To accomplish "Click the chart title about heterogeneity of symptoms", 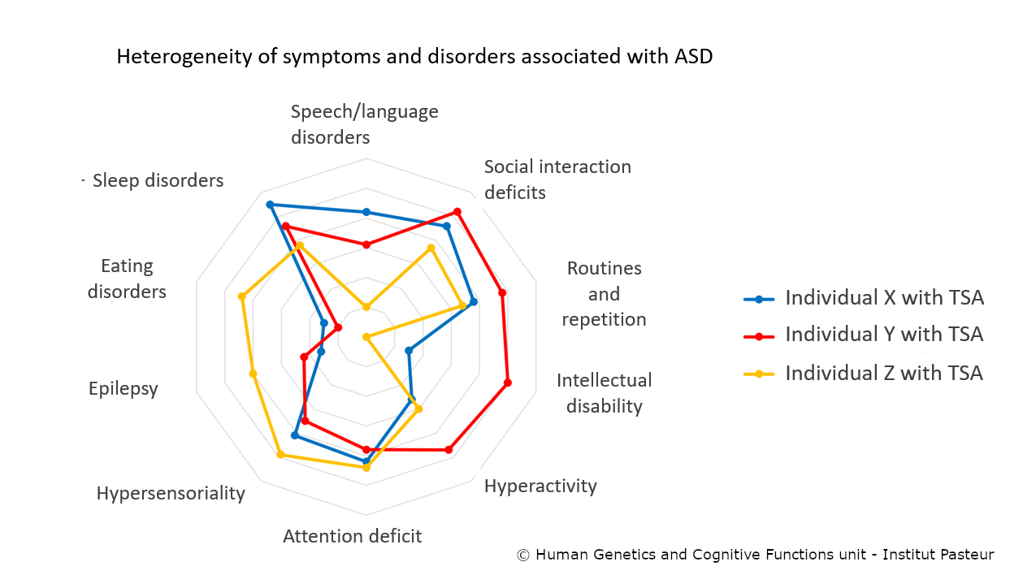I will coord(414,57).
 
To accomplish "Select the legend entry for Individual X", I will coord(883,298).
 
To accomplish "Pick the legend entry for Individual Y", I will coord(883,335).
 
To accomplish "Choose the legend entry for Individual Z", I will coord(883,373).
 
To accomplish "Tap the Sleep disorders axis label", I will coord(158,180).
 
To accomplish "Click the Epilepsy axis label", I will coord(124,388).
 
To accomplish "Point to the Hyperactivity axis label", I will coord(540,486).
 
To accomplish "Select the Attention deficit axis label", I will coord(352,536).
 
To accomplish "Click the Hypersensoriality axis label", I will coord(171,493).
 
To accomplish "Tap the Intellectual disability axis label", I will coord(604,393).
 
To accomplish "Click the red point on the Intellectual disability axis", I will coord(508,383).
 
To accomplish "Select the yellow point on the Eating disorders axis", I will coord(241,296).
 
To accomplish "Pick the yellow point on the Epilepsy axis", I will coord(253,374).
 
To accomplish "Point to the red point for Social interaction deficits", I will coord(458,212).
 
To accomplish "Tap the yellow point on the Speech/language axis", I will coord(366,307).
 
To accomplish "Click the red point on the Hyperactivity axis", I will coord(448,449).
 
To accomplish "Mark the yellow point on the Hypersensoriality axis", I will coord(280,455).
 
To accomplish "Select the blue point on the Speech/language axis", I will coord(366,212).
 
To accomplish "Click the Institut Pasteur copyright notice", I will coord(755,556).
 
